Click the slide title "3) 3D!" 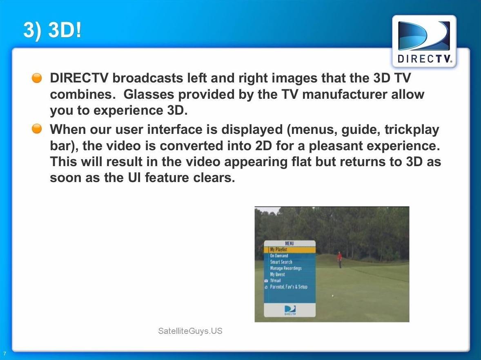click(52, 30)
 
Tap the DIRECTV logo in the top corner click(424, 41)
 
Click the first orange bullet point click(37, 78)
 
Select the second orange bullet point click(37, 129)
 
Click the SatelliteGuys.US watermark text click(190, 331)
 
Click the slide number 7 click(4, 353)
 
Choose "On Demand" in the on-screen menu click(279, 256)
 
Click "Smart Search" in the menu click(281, 262)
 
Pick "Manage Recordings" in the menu click(285, 268)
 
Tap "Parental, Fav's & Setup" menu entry click(288, 287)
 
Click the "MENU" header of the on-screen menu click(289, 244)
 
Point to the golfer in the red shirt click(340, 260)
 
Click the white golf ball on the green click(333, 296)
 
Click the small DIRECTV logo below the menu click(290, 310)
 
